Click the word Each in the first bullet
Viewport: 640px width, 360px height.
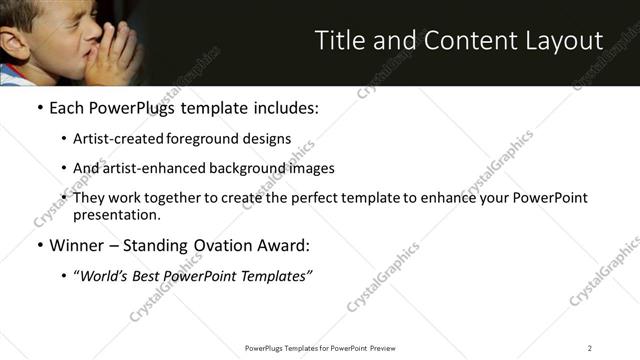[67, 108]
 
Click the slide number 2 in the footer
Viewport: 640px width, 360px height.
[590, 347]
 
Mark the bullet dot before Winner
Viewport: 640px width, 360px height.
[39, 245]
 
